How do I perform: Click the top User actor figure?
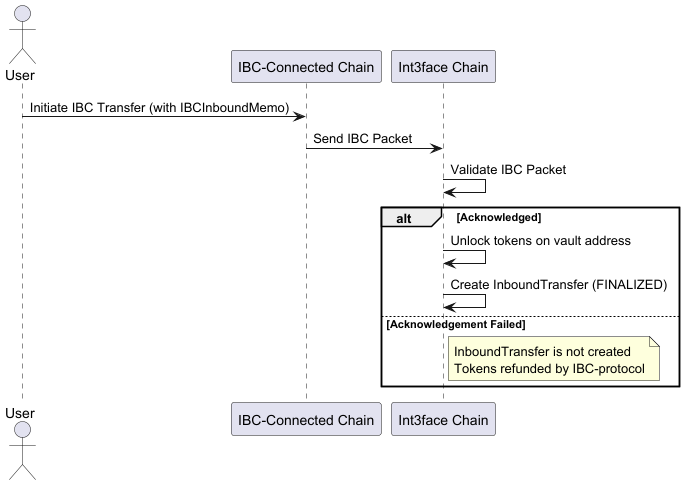pyautogui.click(x=22, y=30)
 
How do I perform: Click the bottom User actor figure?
pyautogui.click(x=22, y=445)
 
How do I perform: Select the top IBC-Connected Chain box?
pyautogui.click(x=306, y=68)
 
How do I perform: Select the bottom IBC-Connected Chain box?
pyautogui.click(x=306, y=420)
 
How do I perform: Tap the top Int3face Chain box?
pyautogui.click(x=443, y=68)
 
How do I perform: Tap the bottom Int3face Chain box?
pyautogui.click(x=443, y=420)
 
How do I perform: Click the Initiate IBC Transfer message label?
pyautogui.click(x=159, y=107)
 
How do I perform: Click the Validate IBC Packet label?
pyautogui.click(x=508, y=169)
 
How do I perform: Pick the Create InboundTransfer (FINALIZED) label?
pyautogui.click(x=558, y=284)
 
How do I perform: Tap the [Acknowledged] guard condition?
pyautogui.click(x=498, y=217)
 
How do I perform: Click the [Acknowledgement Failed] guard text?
pyautogui.click(x=456, y=324)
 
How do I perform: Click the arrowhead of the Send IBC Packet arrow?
pyautogui.click(x=437, y=148)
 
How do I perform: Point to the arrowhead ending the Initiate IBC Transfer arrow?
pyautogui.click(x=299, y=117)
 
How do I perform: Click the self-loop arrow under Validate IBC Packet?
pyautogui.click(x=466, y=186)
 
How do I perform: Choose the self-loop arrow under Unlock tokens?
pyautogui.click(x=466, y=257)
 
